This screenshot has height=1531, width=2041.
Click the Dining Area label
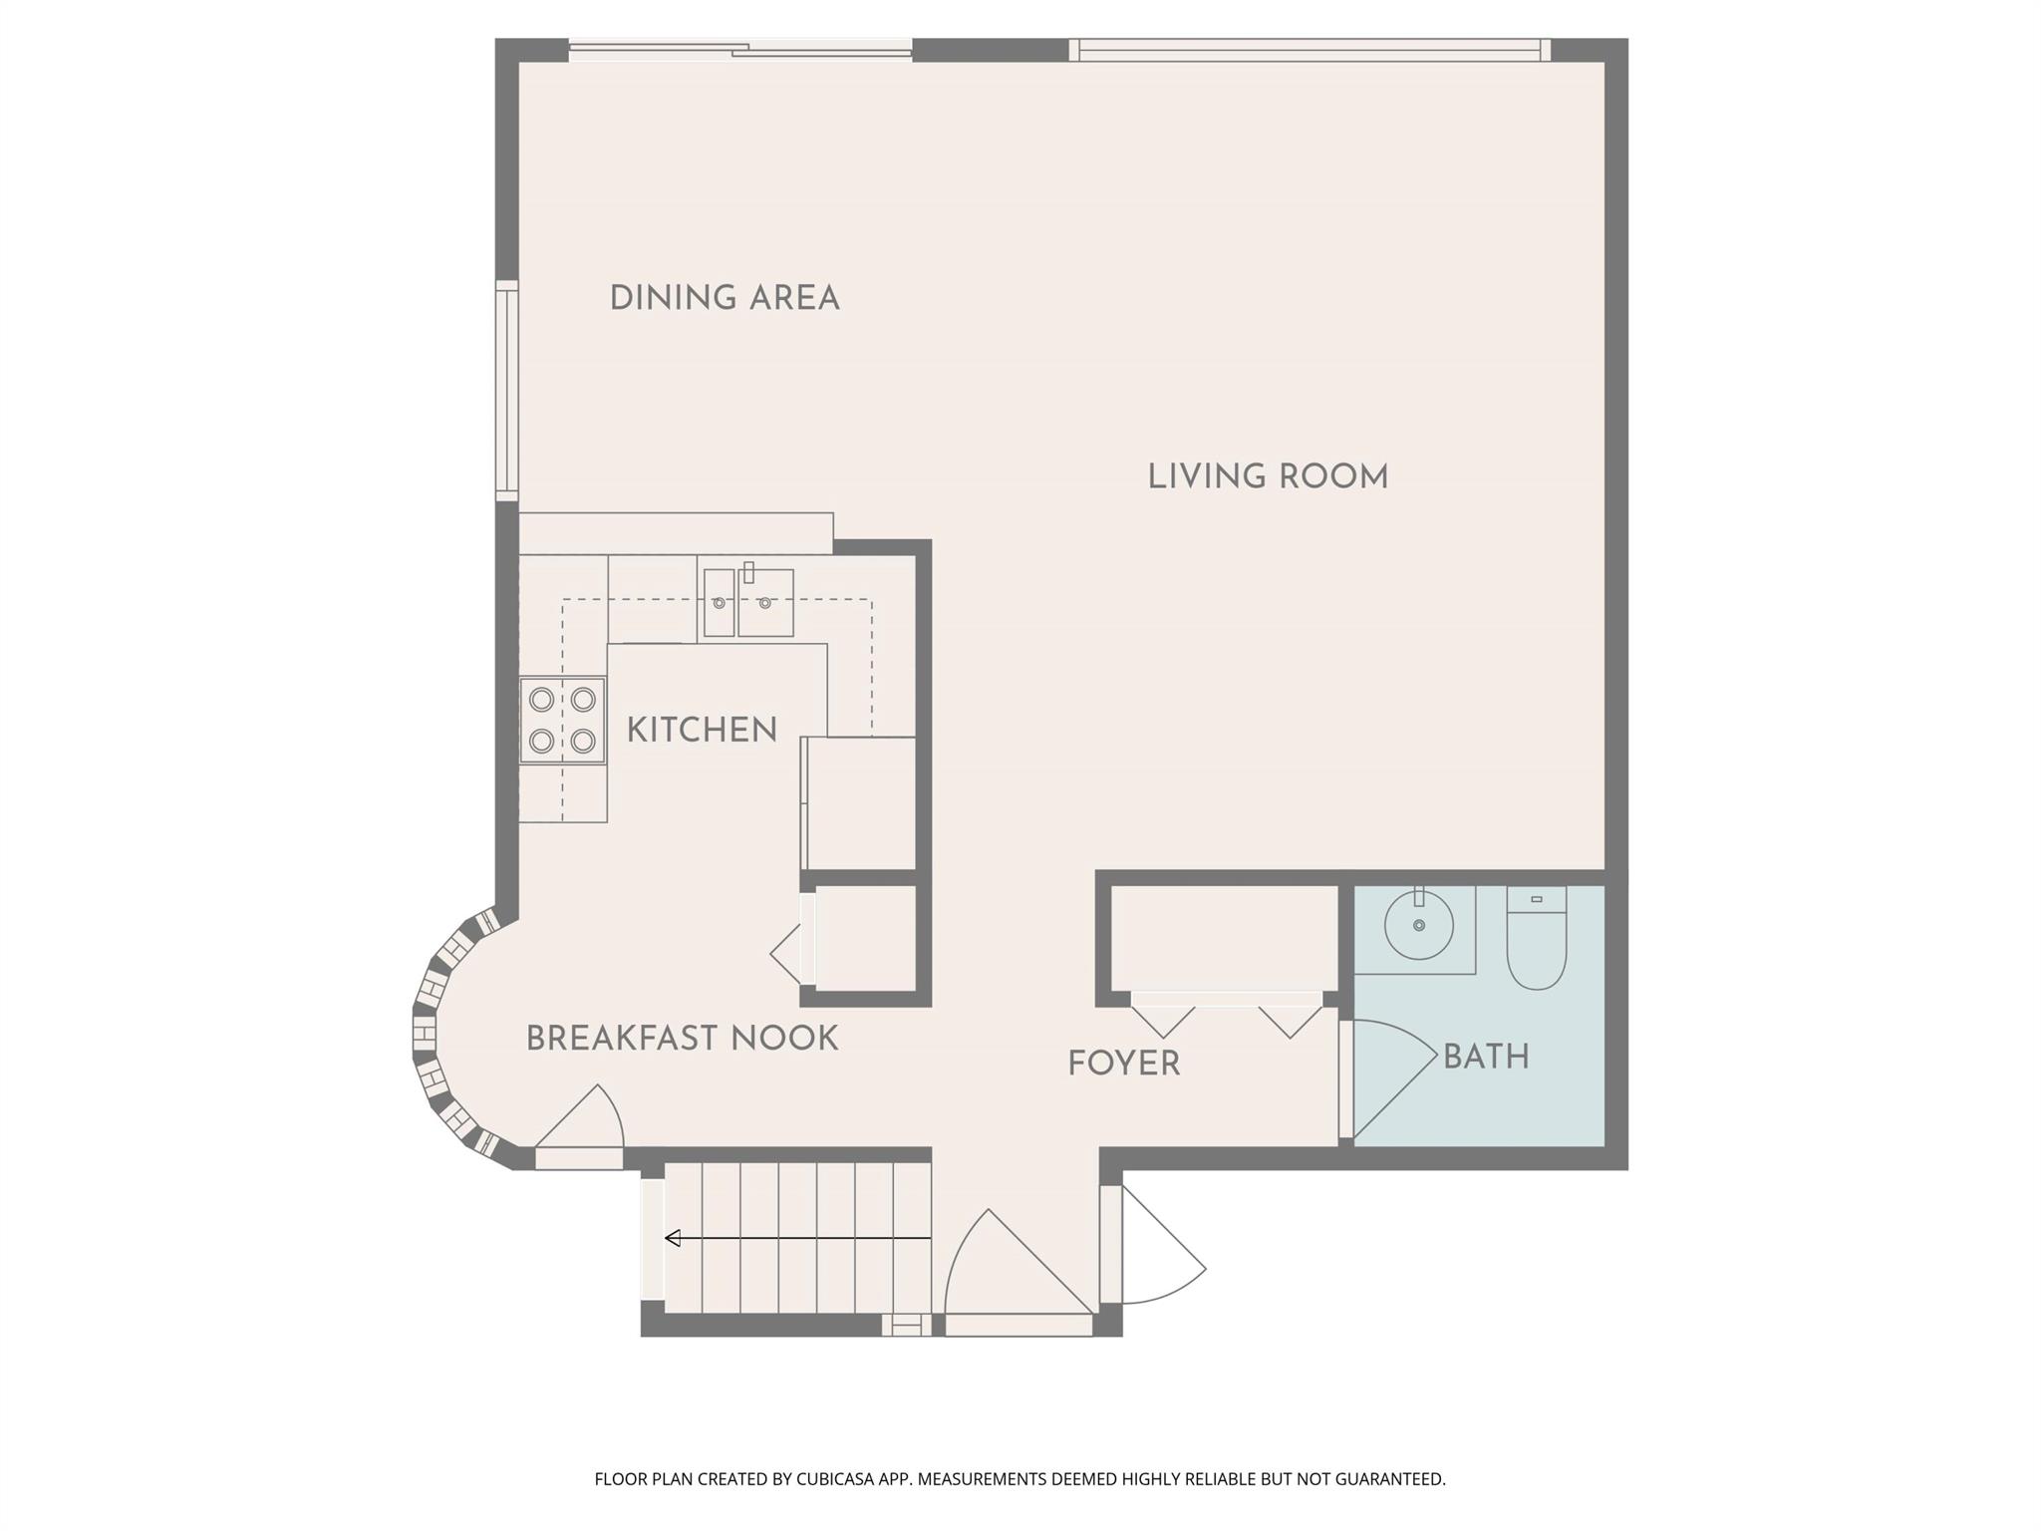coord(725,298)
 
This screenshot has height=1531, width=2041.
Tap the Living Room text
coord(1268,476)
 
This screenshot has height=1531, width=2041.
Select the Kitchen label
coord(702,730)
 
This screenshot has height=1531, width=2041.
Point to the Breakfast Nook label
coord(682,1039)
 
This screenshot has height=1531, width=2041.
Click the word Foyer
coord(1123,1064)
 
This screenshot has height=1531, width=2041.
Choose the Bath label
coord(1486,1057)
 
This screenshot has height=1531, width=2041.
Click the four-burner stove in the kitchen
coord(562,721)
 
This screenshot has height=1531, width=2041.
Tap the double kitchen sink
coord(748,602)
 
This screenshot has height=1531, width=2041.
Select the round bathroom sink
coord(1418,926)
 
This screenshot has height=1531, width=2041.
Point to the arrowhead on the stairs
coord(673,1238)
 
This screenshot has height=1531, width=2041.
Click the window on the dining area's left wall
coord(507,390)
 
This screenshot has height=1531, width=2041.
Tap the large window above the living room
coord(1310,50)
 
